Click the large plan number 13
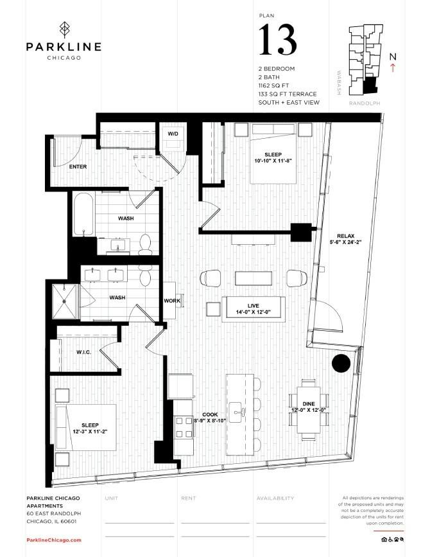[278, 40]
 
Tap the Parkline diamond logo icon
[63, 30]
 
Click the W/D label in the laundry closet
[173, 134]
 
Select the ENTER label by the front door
[78, 167]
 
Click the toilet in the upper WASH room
[145, 243]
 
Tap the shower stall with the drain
[65, 301]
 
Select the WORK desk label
[171, 301]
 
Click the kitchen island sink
[239, 409]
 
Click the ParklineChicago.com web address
[54, 540]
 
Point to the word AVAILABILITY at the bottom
[275, 498]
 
